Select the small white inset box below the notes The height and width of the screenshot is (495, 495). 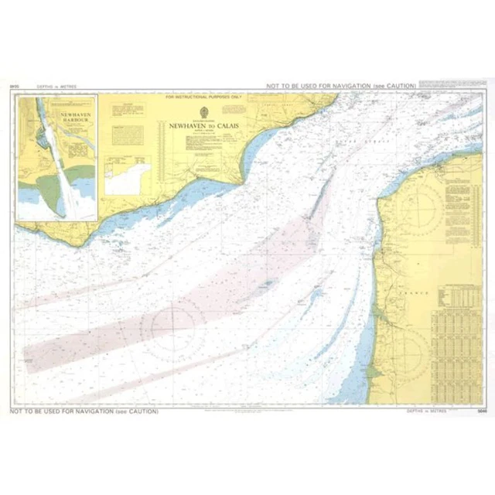point(128,178)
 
